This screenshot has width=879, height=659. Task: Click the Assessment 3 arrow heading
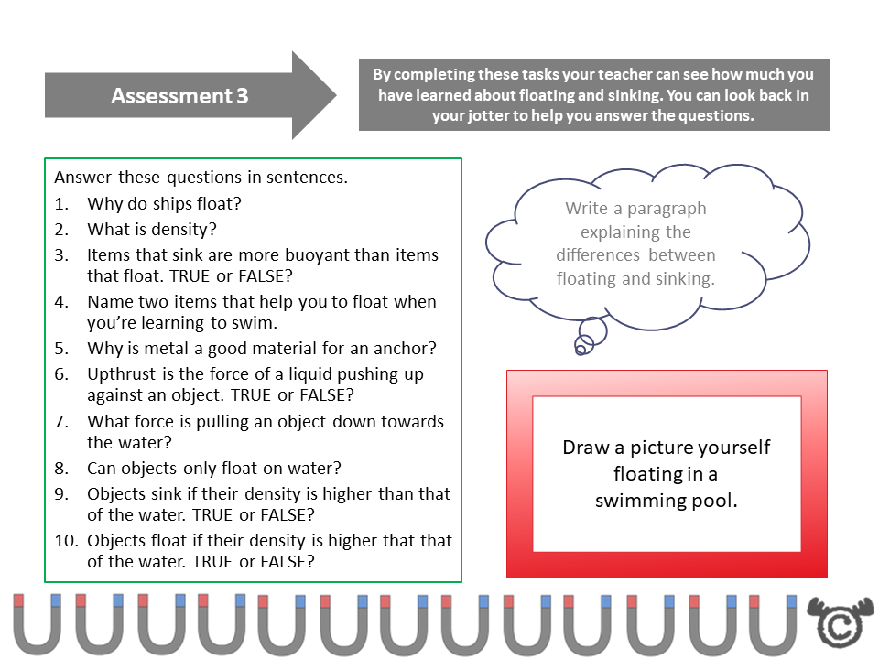pos(179,96)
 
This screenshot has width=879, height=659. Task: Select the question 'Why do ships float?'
pos(164,203)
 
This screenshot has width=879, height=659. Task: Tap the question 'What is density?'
pos(152,230)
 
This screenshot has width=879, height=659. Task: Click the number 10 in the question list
pos(64,541)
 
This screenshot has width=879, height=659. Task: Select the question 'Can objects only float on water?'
pos(214,469)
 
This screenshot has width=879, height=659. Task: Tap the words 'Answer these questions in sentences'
pos(201,178)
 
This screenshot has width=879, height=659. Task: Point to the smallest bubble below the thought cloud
pos(581,346)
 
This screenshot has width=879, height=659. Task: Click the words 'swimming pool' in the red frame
pos(666,501)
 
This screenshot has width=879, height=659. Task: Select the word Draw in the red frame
pos(582,448)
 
